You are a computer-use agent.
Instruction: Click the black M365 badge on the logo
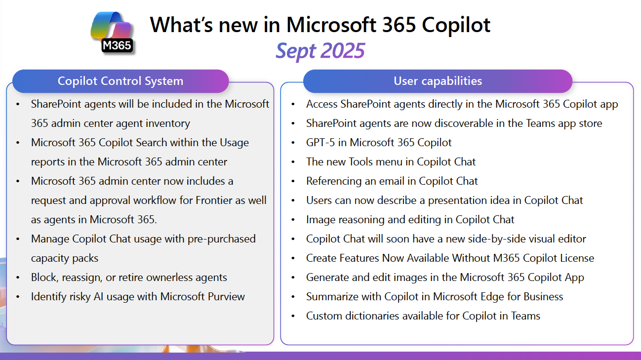[117, 45]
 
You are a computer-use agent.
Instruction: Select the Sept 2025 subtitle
[320, 51]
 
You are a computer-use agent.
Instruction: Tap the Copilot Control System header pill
[120, 81]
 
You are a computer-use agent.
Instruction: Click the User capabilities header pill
[438, 81]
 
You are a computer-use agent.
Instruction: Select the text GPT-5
[320, 143]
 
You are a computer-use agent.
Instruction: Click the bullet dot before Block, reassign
[18, 278]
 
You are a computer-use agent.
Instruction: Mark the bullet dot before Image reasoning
[293, 220]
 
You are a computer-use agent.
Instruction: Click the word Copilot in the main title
[456, 25]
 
